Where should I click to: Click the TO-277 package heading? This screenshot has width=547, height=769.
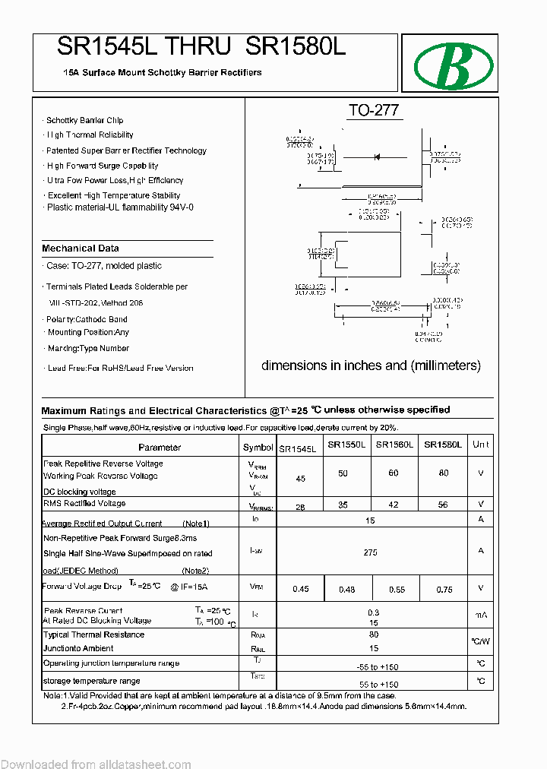click(x=373, y=110)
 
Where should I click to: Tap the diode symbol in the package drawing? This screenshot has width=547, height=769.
click(x=375, y=157)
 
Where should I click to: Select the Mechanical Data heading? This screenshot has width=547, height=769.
click(x=81, y=248)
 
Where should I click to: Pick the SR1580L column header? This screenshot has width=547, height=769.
click(x=443, y=445)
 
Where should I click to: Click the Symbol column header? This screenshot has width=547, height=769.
click(x=258, y=448)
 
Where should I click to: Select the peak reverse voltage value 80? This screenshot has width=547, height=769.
click(x=443, y=473)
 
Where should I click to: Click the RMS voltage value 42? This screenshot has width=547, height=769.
click(x=394, y=505)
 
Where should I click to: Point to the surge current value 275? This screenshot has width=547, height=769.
click(x=370, y=552)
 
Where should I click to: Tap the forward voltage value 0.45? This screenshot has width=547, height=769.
click(x=301, y=589)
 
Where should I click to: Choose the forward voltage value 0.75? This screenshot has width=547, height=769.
click(x=444, y=589)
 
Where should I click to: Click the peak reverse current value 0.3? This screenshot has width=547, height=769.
click(x=372, y=612)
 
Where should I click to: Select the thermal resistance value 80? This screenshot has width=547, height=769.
click(x=373, y=635)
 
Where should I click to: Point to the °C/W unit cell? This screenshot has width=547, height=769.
click(x=481, y=641)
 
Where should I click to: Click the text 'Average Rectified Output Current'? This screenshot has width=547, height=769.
click(x=103, y=524)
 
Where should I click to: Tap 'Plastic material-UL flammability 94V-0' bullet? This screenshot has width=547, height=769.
click(x=120, y=207)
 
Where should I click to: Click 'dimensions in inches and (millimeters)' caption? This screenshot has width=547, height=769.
click(x=371, y=366)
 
